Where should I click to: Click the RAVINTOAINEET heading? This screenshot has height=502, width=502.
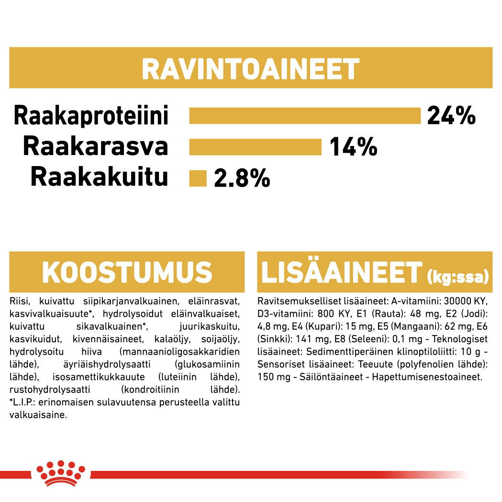click(250, 69)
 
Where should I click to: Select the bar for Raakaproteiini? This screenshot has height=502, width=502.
click(304, 116)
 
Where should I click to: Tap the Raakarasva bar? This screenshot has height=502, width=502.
click(255, 147)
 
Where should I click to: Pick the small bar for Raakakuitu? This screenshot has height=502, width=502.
click(198, 178)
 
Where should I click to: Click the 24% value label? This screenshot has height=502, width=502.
click(451, 116)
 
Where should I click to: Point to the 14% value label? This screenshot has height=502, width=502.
click(353, 147)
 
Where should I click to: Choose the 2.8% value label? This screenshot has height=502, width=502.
click(242, 178)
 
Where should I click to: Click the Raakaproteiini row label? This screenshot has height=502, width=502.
click(91, 116)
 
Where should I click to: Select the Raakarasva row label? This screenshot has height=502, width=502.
click(95, 147)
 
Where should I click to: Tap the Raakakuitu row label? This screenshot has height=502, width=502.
click(99, 178)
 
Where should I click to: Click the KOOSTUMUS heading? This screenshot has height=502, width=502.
click(127, 272)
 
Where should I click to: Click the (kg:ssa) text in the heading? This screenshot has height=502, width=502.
click(457, 277)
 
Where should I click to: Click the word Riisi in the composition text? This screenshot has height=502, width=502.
click(18, 301)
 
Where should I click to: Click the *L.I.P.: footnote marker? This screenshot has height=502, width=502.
click(24, 402)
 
